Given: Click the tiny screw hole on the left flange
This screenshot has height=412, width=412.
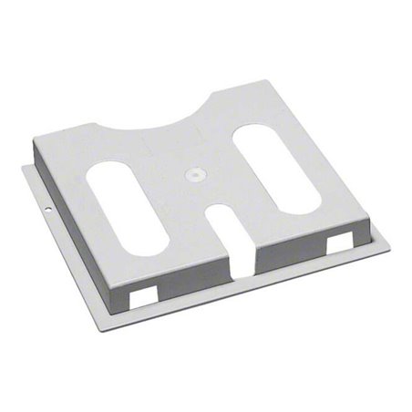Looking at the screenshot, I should click(48, 216).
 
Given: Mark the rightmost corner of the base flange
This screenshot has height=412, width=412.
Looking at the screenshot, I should click(389, 246).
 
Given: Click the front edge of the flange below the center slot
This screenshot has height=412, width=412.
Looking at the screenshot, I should click(244, 292).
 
